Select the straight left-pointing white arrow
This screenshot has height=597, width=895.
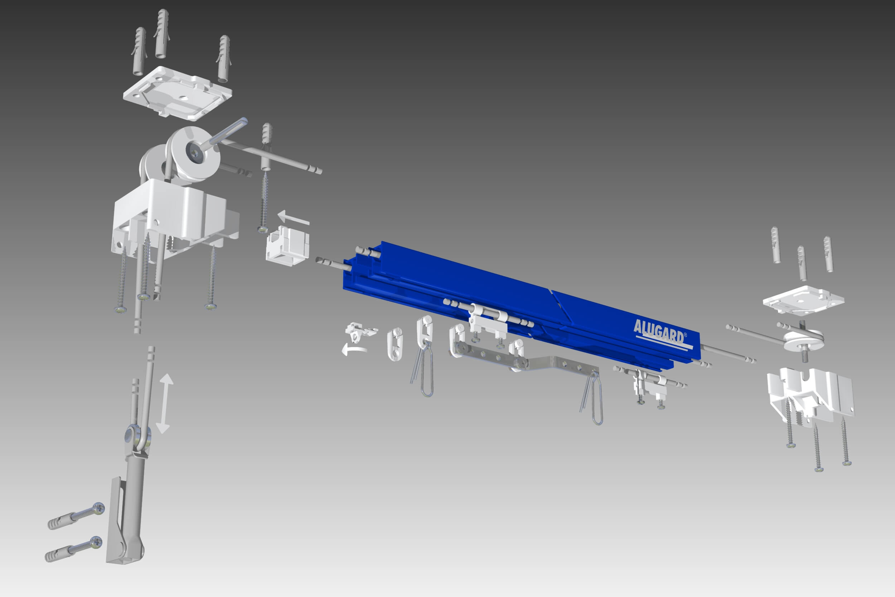[293, 218]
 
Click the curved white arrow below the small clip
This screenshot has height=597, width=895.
[354, 349]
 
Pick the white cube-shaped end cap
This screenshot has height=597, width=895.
[287, 245]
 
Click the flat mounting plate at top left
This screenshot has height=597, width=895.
[178, 92]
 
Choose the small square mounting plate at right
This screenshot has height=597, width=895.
[803, 300]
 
